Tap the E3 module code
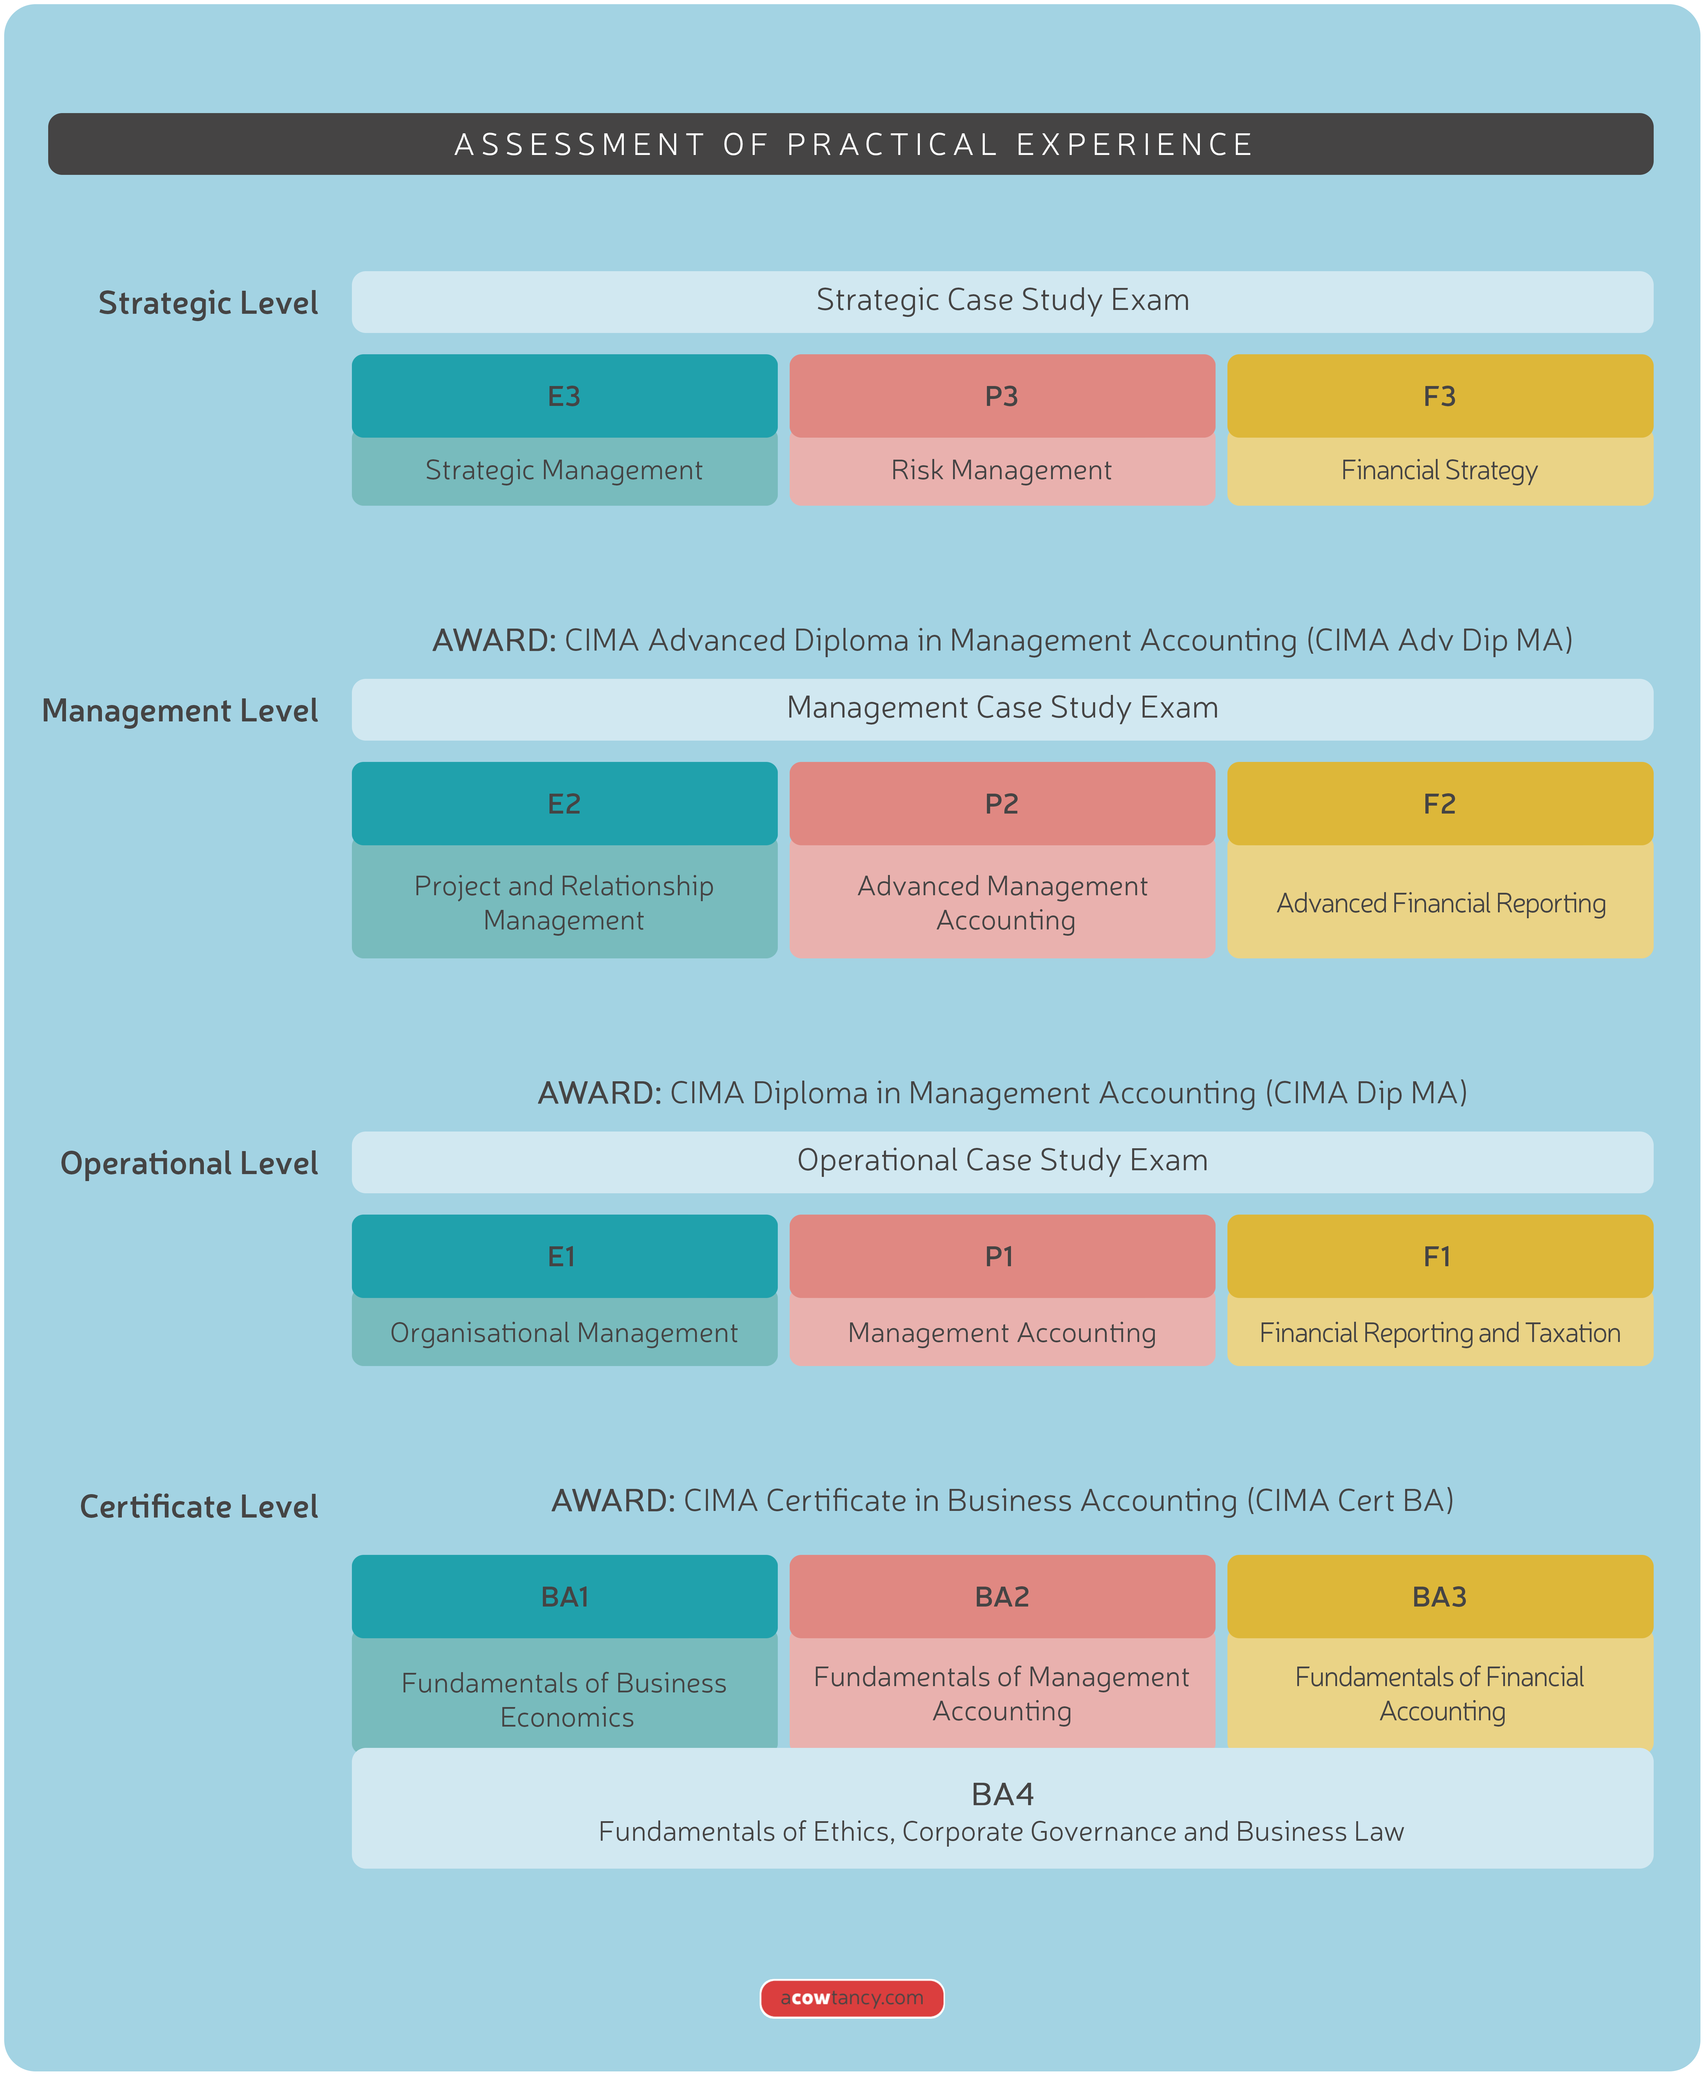pos(564,397)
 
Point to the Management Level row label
pos(180,710)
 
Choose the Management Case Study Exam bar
pos(1002,708)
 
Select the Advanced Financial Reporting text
pos(1440,904)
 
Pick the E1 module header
pos(562,1257)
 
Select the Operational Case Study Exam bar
pos(1002,1161)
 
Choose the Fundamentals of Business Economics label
pos(564,1700)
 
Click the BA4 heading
pos(1002,1794)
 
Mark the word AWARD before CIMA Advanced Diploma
pos(494,640)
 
